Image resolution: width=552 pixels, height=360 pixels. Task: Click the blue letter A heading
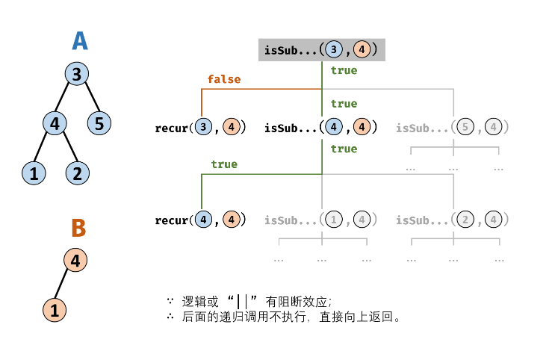click(x=80, y=40)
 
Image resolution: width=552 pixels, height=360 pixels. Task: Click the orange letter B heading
click(x=79, y=228)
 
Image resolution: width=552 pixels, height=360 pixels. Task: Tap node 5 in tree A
click(x=99, y=122)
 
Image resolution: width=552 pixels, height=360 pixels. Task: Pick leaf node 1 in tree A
click(x=33, y=174)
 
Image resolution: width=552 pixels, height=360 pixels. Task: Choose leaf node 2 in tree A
click(x=77, y=174)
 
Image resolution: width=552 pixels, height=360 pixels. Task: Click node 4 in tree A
click(x=55, y=122)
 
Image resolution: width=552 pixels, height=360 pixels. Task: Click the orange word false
click(x=224, y=79)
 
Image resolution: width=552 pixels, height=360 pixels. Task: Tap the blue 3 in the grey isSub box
click(x=335, y=51)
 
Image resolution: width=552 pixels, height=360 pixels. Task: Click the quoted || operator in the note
click(x=242, y=302)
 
